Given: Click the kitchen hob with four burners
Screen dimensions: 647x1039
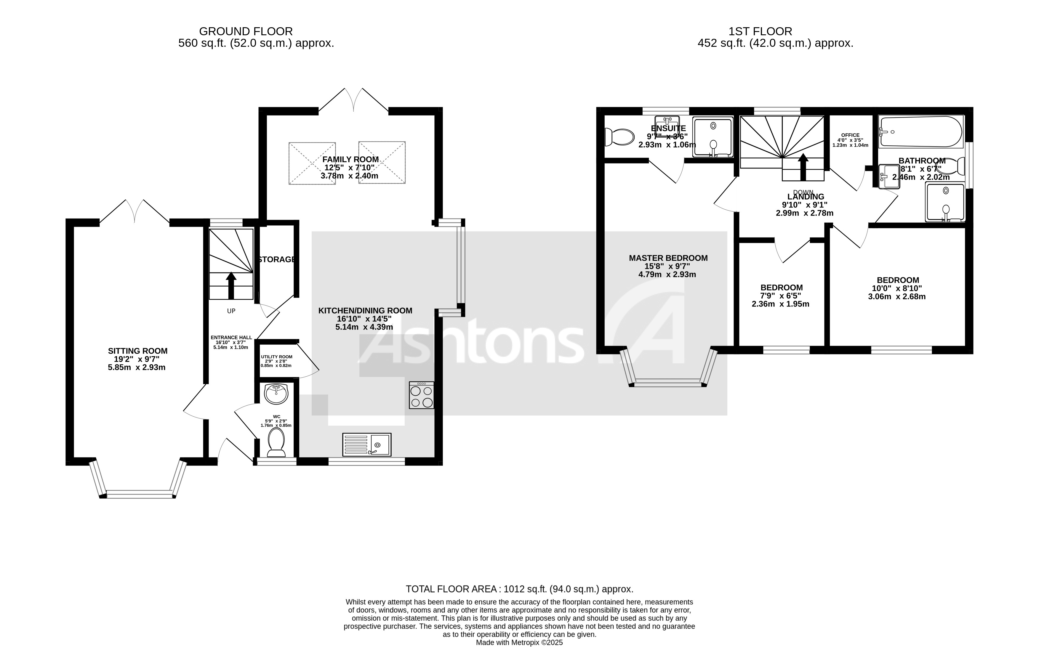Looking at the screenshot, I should (421, 395).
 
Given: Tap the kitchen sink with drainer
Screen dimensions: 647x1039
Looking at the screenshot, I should (366, 444).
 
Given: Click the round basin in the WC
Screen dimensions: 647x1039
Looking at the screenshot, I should (276, 394).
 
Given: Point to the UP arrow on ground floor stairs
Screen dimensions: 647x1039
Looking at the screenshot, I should (231, 285).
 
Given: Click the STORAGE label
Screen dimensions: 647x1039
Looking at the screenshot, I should (276, 259).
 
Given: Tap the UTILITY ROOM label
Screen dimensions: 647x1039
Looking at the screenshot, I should (276, 357).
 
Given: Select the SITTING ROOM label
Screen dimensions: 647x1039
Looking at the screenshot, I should (137, 351).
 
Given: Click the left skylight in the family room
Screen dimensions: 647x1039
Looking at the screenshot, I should (312, 163).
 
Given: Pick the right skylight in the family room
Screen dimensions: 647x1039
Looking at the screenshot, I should (382, 163).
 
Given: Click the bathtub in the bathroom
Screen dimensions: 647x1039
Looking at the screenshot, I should (920, 131).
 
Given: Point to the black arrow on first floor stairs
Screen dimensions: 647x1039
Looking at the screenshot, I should (803, 167).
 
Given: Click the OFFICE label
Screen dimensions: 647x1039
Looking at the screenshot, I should (850, 135).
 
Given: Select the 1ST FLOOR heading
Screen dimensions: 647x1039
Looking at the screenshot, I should (760, 31).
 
